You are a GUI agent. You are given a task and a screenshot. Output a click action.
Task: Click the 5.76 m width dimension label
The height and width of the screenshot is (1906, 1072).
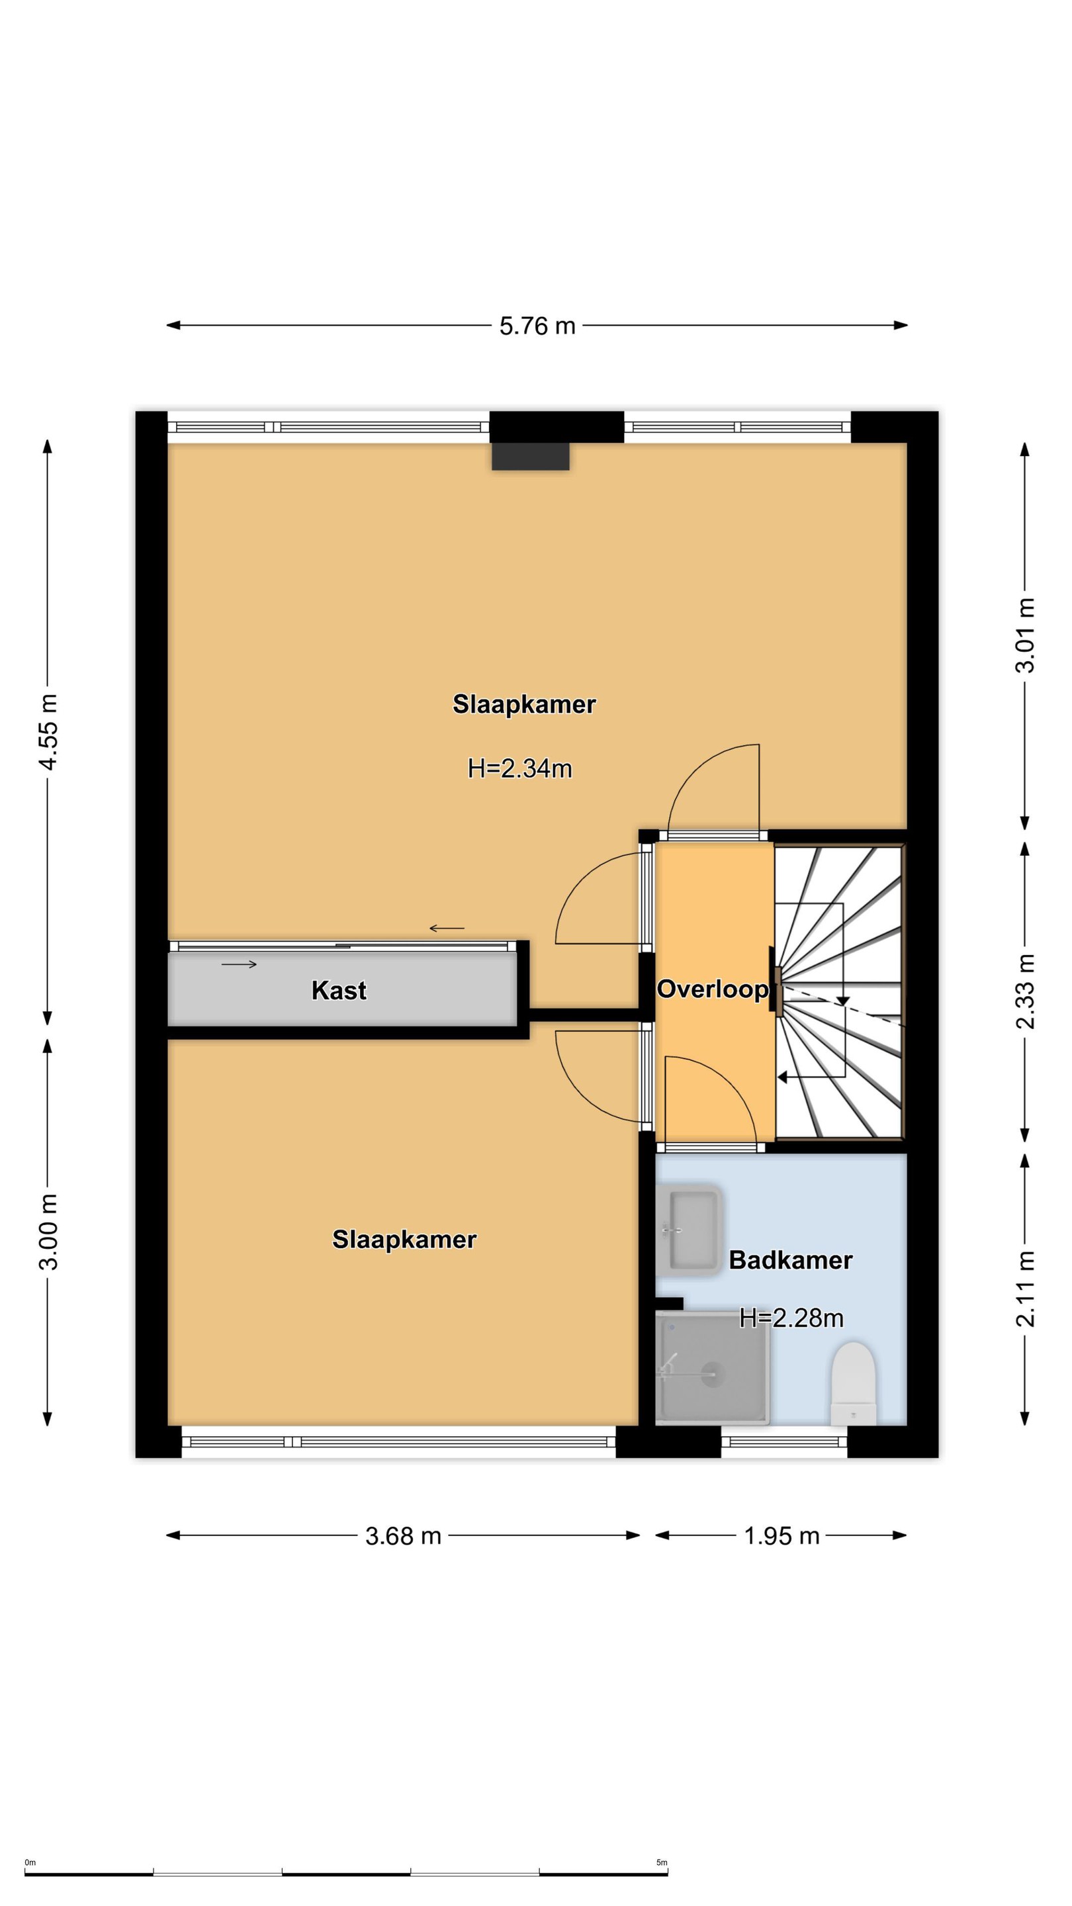tap(537, 326)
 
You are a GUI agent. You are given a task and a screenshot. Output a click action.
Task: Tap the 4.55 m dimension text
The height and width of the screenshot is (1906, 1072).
tap(48, 732)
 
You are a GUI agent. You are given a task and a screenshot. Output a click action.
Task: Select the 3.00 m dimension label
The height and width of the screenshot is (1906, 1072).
tap(48, 1231)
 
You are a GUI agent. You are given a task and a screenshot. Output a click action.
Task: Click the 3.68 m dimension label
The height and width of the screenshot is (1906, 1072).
tap(403, 1536)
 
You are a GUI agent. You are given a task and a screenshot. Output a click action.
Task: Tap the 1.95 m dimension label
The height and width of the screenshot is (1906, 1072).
tap(782, 1536)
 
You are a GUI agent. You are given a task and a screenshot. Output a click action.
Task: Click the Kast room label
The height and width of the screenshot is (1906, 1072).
tap(339, 990)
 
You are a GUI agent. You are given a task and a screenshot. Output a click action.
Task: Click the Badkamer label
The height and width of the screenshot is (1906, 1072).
tap(791, 1260)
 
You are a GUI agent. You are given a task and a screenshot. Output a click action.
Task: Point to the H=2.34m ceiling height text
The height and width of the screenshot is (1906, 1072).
tap(520, 769)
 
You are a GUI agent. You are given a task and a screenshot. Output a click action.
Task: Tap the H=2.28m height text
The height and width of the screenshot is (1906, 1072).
tap(791, 1318)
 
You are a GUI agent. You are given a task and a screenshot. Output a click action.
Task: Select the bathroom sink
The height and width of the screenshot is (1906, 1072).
tap(688, 1230)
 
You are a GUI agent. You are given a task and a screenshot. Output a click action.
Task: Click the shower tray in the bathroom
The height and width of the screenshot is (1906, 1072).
tap(713, 1369)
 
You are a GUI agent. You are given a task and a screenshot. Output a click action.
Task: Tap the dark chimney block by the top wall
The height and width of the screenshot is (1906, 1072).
tap(531, 457)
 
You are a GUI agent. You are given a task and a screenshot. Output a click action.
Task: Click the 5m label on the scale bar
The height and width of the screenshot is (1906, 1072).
tap(662, 1857)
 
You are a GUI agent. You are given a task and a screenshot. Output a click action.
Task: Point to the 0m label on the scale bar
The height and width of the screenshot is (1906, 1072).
tap(30, 1857)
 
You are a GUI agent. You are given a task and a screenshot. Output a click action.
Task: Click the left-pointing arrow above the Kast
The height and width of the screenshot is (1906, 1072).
tap(447, 929)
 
